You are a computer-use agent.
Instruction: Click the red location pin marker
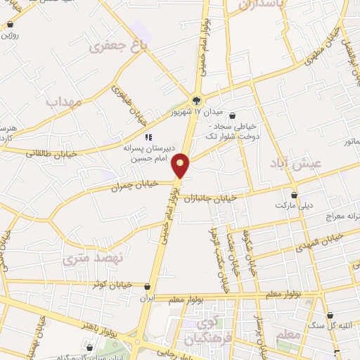181,165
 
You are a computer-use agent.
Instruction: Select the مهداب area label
64,102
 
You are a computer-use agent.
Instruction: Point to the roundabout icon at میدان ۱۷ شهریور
198,98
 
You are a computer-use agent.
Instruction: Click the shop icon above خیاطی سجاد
233,116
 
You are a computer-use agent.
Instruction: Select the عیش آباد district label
294,164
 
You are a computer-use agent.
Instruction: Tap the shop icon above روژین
11,25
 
